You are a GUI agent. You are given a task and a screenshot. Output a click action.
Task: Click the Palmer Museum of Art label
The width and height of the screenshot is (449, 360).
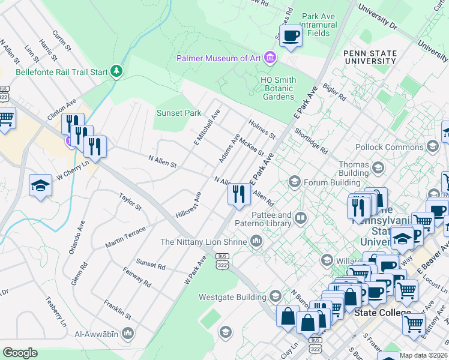click(218, 58)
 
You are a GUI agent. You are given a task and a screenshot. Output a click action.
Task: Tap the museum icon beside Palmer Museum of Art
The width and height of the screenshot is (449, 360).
click(271, 58)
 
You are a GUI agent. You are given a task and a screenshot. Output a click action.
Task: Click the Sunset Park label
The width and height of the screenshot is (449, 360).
click(179, 113)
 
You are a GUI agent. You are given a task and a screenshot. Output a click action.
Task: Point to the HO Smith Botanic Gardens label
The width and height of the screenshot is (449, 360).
click(277, 88)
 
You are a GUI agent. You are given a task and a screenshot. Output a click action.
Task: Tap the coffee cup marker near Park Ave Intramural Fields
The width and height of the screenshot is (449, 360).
click(291, 36)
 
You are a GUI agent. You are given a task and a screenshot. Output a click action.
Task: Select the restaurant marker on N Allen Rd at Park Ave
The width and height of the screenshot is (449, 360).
click(238, 194)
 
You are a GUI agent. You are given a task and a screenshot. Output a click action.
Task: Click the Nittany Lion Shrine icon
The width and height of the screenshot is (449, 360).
click(256, 241)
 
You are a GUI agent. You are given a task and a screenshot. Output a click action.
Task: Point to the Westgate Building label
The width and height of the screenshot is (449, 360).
click(232, 297)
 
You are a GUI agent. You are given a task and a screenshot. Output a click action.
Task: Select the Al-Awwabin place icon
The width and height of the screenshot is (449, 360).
click(127, 332)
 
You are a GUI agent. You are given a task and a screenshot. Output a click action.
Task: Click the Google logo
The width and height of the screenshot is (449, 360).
click(20, 353)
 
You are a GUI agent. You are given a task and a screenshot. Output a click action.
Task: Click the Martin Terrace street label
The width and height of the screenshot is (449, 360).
click(125, 238)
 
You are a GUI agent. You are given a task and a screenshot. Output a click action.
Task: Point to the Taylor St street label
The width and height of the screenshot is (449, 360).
click(130, 202)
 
